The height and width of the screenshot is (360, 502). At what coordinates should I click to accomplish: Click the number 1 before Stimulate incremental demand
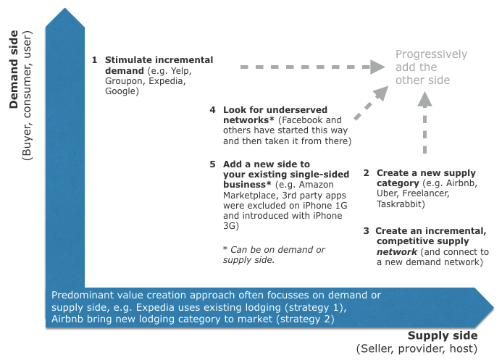[x=94, y=60]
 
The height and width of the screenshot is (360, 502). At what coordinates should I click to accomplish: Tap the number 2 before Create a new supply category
[x=367, y=173]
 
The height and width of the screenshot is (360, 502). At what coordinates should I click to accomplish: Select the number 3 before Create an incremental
[x=367, y=231]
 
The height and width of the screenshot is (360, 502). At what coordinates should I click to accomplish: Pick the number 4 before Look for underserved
[x=212, y=110]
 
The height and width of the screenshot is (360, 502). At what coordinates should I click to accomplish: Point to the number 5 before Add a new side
[x=212, y=164]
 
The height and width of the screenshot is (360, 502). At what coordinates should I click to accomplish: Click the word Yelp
[x=181, y=71]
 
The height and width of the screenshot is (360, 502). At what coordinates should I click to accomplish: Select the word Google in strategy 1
[x=120, y=91]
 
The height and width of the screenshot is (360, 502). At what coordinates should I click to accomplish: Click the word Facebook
[x=303, y=120]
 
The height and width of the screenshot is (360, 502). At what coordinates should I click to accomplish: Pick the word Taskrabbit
[x=399, y=204]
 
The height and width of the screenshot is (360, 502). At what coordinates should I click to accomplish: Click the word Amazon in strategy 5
[x=317, y=185]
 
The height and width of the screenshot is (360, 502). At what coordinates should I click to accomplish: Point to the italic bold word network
[x=397, y=252]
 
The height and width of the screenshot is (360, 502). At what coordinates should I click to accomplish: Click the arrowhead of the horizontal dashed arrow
[x=378, y=67]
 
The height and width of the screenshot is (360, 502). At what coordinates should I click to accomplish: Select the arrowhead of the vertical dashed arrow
[x=424, y=99]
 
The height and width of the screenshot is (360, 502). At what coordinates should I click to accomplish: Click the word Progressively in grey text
[x=431, y=54]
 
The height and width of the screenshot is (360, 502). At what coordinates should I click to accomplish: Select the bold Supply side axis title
[x=443, y=335]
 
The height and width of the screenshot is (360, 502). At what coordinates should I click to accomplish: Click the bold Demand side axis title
[x=14, y=70]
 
